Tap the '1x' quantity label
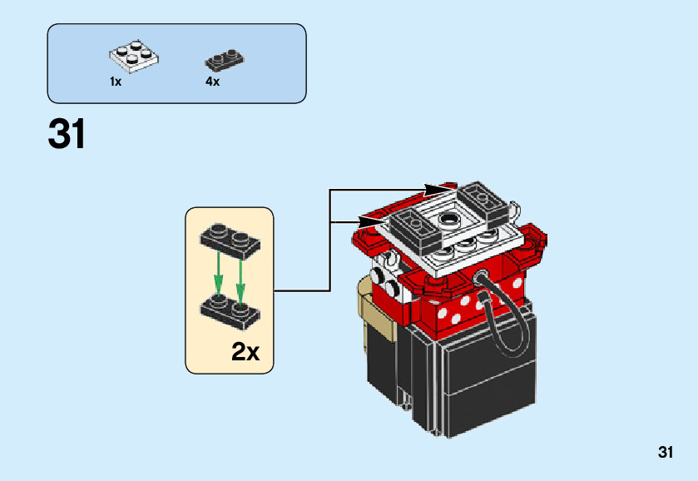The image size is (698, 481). tap(116, 82)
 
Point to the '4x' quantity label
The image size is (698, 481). tap(213, 82)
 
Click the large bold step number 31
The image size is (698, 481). tap(67, 134)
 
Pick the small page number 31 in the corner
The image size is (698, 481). tap(665, 453)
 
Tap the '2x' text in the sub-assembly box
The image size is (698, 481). tap(245, 352)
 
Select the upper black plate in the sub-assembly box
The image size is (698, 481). tap(230, 239)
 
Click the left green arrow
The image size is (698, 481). tap(218, 275)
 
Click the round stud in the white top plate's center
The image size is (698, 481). tap(450, 220)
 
